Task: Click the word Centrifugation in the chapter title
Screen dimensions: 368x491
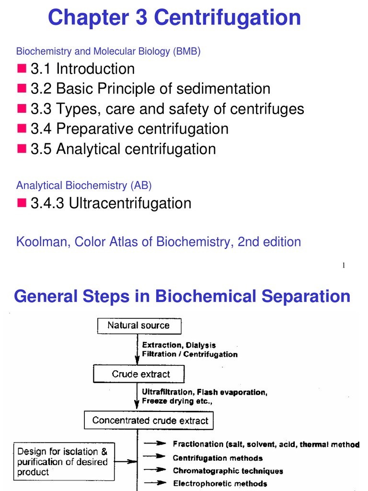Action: click(228, 18)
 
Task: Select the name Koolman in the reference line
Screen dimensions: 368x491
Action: click(42, 242)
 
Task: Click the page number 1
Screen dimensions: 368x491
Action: click(344, 266)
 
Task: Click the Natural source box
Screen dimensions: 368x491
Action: click(139, 326)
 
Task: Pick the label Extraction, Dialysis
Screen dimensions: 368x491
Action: click(179, 345)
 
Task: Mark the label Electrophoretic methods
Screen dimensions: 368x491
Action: click(220, 483)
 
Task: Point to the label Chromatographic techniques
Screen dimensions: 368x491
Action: click(228, 471)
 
